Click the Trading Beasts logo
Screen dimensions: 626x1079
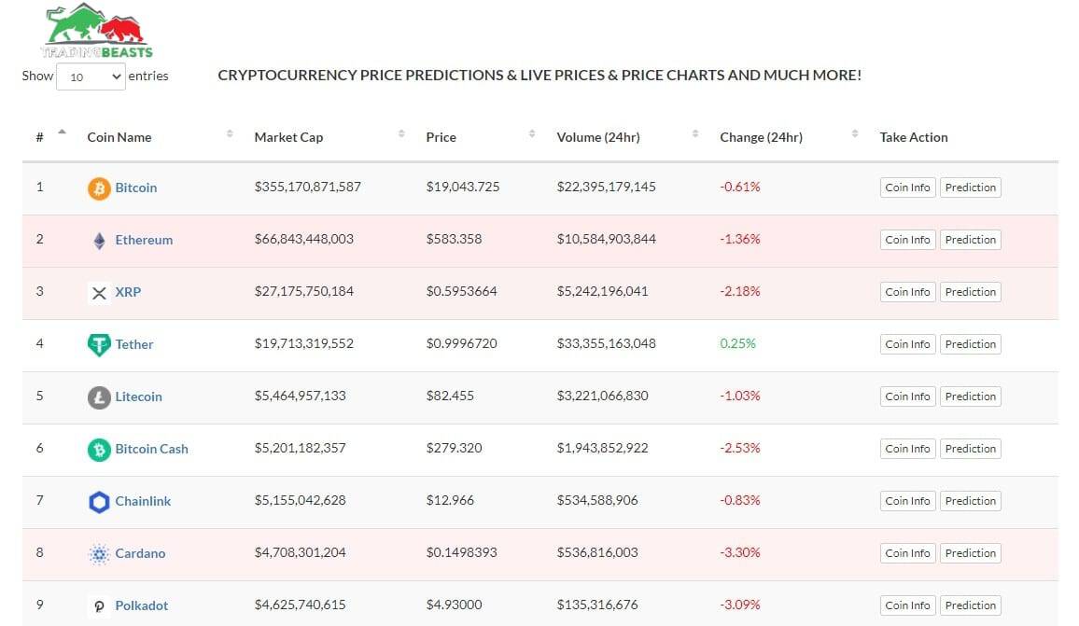click(x=97, y=32)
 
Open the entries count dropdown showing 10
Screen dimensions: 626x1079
click(x=91, y=77)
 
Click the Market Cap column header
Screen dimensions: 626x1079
click(x=288, y=137)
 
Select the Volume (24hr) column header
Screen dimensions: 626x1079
click(x=597, y=137)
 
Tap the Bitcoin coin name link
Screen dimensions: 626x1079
click(x=135, y=188)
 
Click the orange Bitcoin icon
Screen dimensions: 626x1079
click(x=99, y=188)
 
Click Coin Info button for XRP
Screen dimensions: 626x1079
click(x=907, y=292)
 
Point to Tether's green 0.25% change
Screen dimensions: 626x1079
click(x=737, y=343)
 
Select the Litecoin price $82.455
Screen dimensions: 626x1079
click(x=450, y=396)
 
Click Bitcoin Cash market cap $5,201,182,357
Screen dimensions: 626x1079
click(x=300, y=448)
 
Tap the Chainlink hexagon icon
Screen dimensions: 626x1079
click(x=99, y=502)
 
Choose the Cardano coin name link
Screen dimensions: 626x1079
click(x=140, y=553)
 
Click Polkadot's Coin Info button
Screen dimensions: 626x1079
click(x=907, y=605)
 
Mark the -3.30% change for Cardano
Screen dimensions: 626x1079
click(x=739, y=552)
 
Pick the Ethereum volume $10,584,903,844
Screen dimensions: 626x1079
click(x=606, y=239)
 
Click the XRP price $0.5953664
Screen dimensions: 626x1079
click(x=461, y=291)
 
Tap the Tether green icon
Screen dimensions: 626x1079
click(x=99, y=345)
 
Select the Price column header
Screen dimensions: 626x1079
click(x=441, y=137)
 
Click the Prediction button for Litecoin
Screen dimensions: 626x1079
click(x=970, y=396)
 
